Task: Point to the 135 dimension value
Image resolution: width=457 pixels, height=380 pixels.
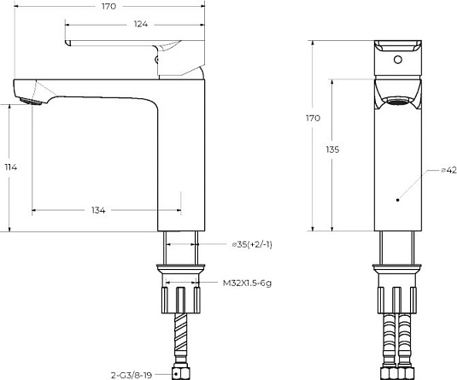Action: coord(332,149)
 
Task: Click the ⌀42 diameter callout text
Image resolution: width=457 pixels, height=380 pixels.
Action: coord(446,171)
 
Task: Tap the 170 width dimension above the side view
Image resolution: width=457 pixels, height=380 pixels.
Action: coord(107,6)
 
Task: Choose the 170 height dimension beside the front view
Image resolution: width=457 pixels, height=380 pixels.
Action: coord(313,119)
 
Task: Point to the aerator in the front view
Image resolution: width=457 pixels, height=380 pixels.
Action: coord(397,102)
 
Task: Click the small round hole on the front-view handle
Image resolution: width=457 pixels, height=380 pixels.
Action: coord(397,61)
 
